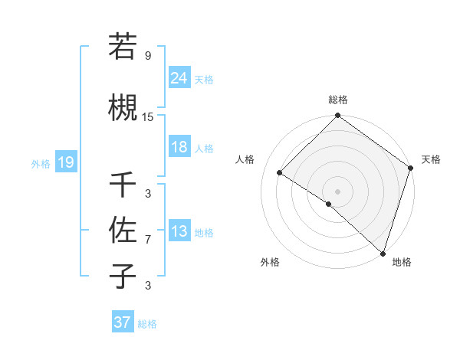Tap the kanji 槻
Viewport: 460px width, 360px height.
coord(123,106)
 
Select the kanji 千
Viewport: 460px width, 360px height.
coord(123,185)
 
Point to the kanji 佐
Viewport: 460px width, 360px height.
coord(123,229)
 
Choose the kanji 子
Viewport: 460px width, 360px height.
coord(123,275)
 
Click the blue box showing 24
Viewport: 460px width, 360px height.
coord(179,79)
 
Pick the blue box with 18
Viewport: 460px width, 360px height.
coord(179,148)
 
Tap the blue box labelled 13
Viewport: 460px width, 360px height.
coord(179,232)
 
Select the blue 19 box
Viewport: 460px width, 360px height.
coord(65,162)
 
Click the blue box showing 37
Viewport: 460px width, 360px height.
coord(122,322)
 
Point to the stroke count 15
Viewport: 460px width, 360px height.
coord(148,117)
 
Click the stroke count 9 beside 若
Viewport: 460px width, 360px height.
coord(148,55)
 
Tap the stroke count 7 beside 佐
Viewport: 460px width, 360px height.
coord(148,240)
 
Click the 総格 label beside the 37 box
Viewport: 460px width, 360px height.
coord(147,324)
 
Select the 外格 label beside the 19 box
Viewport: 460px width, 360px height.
coord(41,163)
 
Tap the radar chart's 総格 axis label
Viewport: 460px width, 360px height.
coord(337,100)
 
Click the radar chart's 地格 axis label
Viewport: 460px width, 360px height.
coord(402,262)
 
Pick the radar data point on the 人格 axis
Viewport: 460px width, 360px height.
coord(280,173)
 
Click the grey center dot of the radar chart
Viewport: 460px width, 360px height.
coord(337,191)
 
